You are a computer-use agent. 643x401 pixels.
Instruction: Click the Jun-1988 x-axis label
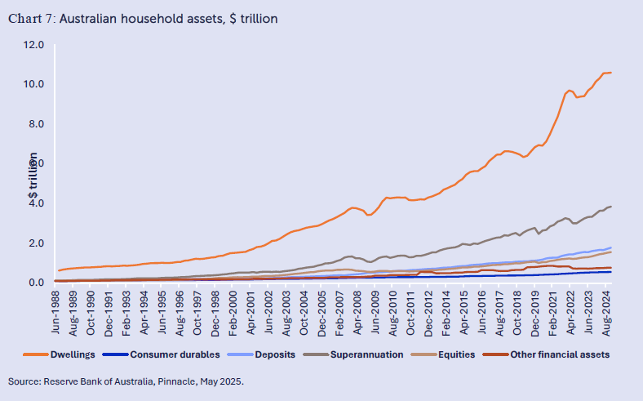[x=55, y=308]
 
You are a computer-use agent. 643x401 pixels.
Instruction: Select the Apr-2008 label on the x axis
[x=358, y=308]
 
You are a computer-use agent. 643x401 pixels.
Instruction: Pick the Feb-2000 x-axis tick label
[x=233, y=308]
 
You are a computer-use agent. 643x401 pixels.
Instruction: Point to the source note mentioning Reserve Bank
[x=126, y=381]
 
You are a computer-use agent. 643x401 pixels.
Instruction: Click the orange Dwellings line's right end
[x=611, y=73]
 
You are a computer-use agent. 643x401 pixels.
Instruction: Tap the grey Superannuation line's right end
[x=611, y=207]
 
